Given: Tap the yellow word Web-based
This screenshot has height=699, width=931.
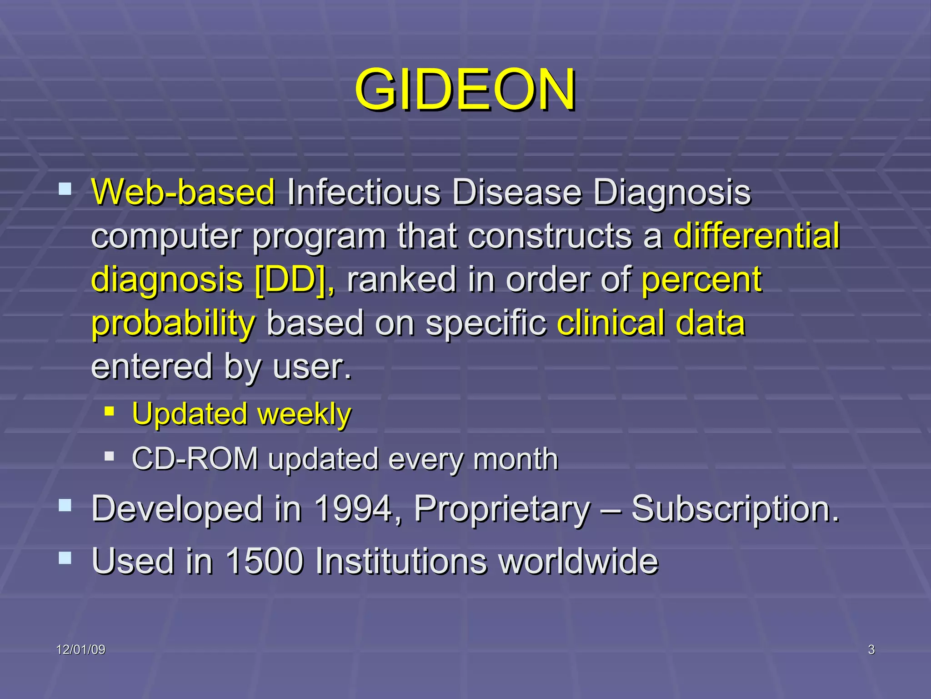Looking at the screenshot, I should tap(183, 192).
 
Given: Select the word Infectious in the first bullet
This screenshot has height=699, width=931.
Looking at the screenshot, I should tap(364, 192).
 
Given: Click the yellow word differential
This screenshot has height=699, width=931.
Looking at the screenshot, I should tap(756, 236).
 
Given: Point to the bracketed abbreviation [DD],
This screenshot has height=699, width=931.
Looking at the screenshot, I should tap(295, 279).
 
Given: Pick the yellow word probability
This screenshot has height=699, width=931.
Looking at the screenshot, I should tap(173, 323).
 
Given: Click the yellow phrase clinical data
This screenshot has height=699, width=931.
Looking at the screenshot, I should tap(651, 323).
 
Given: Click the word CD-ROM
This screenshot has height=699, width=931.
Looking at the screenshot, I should tap(195, 459).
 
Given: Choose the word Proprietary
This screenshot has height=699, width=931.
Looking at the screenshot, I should tap(502, 509).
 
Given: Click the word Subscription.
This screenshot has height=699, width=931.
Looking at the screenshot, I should tap(735, 509).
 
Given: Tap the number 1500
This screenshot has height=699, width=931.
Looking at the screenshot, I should tap(264, 561).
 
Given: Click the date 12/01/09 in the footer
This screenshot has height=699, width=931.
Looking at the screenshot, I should tap(80, 649).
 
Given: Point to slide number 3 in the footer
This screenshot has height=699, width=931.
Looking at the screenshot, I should tap(871, 649).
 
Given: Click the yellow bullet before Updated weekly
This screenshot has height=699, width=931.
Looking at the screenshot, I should tap(109, 411).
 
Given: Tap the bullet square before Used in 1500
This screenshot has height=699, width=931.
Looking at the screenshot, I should tap(65, 557).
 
